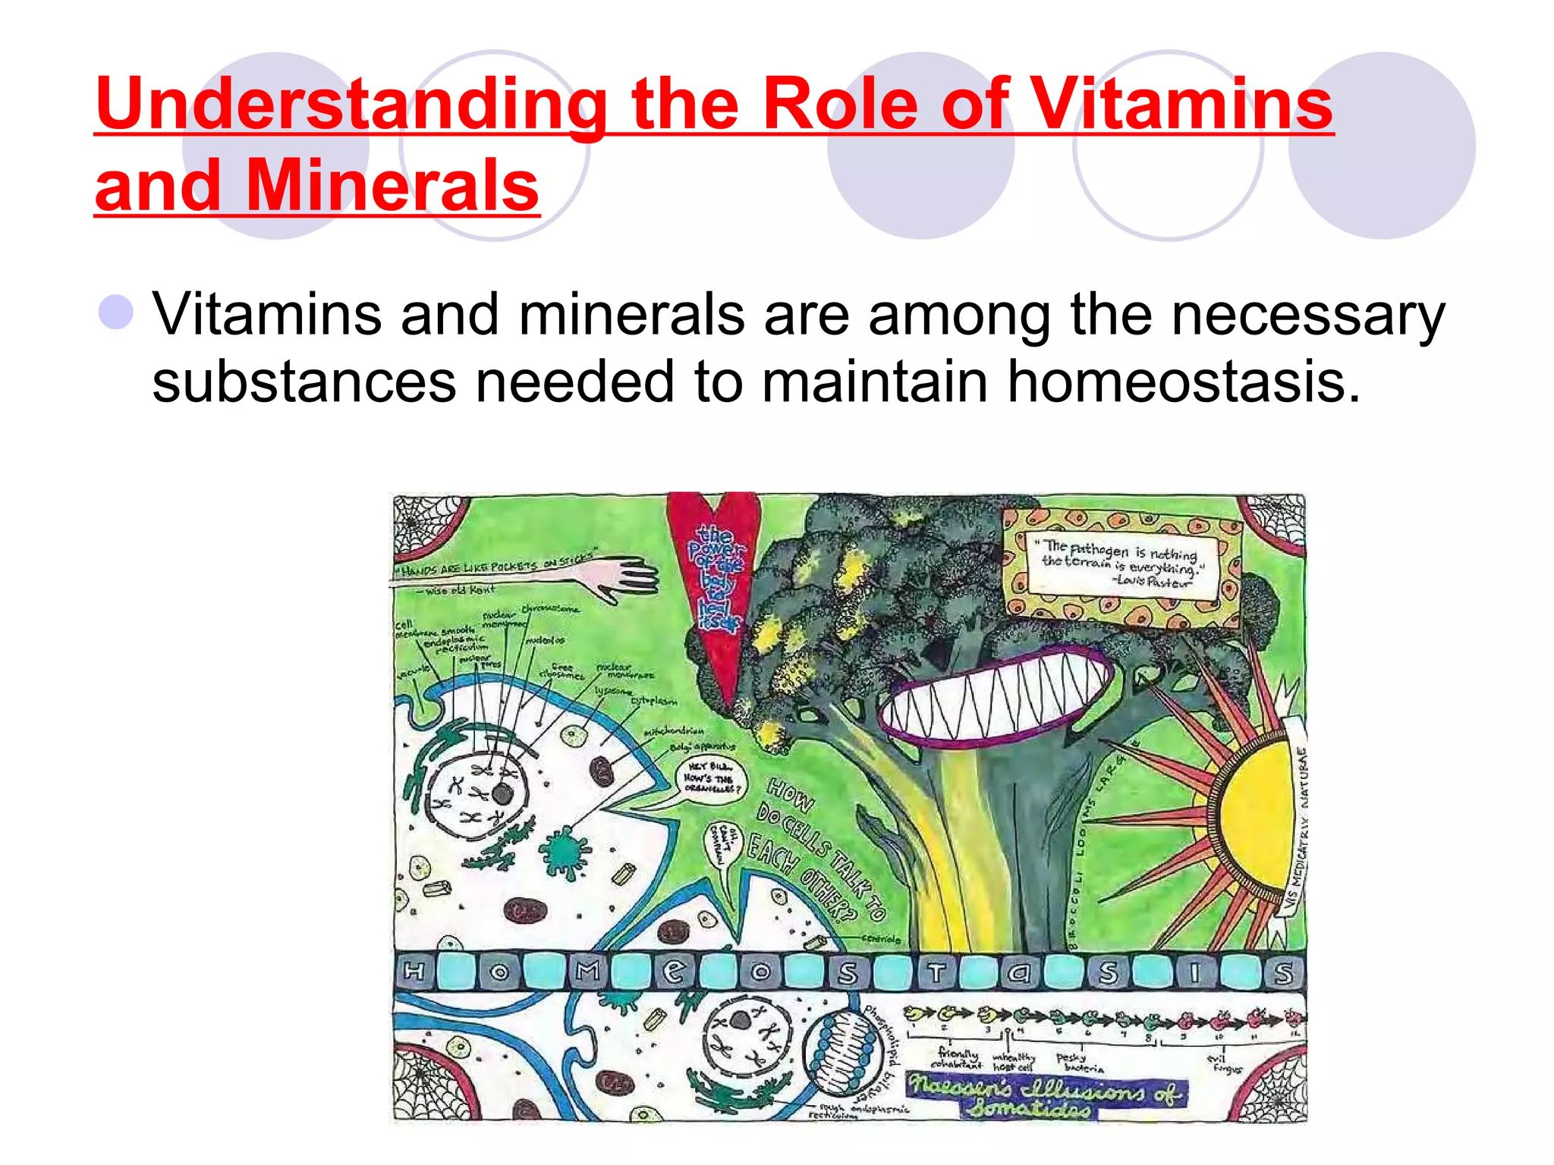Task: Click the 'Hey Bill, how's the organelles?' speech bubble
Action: (x=710, y=778)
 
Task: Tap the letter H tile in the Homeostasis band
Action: (x=414, y=972)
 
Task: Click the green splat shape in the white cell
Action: (x=563, y=850)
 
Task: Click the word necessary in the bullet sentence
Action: (x=1307, y=314)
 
